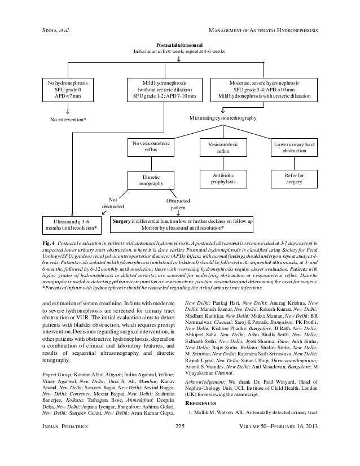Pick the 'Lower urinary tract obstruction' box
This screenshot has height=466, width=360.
tap(296, 148)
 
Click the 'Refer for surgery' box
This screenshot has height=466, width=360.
tap(294, 179)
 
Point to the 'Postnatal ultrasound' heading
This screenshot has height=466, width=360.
tap(179, 43)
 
